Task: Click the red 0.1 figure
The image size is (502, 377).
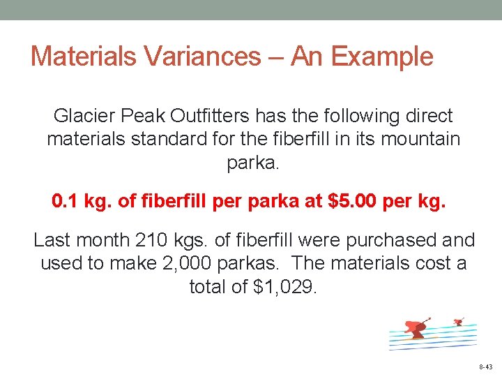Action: (x=66, y=202)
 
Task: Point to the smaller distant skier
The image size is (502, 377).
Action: (x=458, y=322)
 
